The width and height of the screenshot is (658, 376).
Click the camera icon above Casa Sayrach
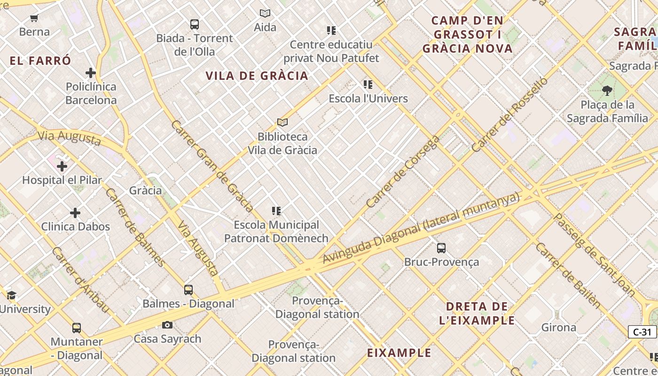(167, 325)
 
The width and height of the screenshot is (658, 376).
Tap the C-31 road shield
(642, 332)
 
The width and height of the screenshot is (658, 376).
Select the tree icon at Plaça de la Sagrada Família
(607, 90)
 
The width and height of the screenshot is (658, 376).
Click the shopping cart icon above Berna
(34, 18)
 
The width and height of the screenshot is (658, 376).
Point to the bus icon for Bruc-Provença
(441, 248)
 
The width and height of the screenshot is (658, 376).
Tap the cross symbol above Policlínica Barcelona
(91, 73)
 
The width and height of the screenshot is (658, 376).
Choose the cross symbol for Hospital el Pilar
(62, 166)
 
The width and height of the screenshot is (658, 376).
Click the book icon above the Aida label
(265, 14)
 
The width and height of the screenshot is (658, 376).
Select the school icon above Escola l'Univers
(368, 85)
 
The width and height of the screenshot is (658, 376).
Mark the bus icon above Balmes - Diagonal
(188, 290)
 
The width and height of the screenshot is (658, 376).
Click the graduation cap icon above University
(11, 295)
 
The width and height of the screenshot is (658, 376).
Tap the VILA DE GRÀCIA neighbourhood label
(257, 76)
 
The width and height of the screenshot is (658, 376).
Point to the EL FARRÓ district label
(40, 61)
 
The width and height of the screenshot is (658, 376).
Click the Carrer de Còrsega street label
(403, 172)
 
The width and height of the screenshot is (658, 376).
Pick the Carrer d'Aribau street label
(80, 280)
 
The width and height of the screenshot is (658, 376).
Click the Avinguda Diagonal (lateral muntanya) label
(421, 228)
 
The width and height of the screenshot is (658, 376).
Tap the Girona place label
(558, 327)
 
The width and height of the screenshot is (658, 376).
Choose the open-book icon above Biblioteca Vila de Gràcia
(282, 122)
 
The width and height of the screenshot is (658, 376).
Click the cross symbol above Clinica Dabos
(75, 213)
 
